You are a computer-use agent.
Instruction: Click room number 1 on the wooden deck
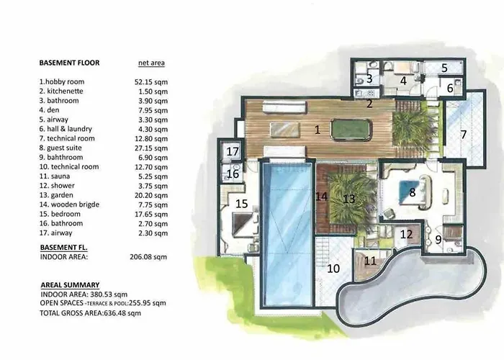pos(316,130)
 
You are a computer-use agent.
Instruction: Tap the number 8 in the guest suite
pos(412,192)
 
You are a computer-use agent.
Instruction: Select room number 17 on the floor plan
pos(233,152)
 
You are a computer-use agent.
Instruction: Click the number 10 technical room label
pos(333,269)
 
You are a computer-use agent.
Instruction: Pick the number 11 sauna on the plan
pos(369,261)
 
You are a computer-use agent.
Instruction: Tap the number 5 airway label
pos(444,68)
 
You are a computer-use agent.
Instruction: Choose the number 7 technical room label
pos(464,134)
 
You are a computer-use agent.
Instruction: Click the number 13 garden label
pos(349,197)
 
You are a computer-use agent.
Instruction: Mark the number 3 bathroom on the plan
pos(369,78)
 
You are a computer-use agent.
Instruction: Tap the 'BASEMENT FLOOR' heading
pos(69,63)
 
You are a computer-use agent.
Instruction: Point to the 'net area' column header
pos(151,63)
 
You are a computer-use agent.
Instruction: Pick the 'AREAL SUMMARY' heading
pos(70,284)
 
